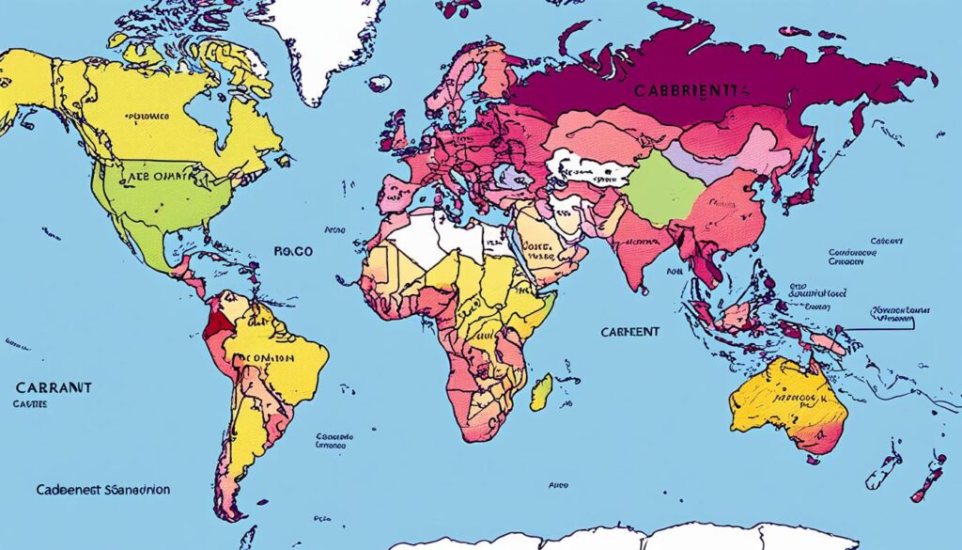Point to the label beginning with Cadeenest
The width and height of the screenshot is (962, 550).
103,490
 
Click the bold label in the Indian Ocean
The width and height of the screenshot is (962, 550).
629,332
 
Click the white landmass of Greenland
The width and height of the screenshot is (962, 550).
319,38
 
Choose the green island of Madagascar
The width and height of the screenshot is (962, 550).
541,391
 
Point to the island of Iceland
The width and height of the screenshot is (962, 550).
379,84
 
